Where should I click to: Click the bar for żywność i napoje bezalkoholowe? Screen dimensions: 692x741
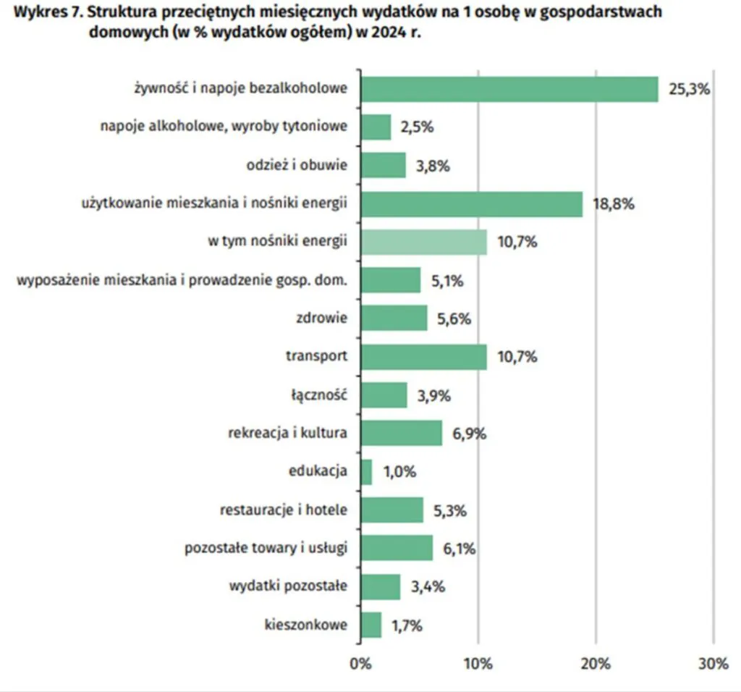509,89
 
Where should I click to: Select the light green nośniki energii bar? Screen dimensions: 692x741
423,242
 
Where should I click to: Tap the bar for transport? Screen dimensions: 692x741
423,357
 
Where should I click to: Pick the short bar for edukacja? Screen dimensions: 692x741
366,472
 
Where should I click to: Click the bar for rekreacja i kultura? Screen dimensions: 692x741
401,434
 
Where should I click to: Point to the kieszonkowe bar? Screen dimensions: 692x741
370,625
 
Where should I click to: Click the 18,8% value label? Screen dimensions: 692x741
614,204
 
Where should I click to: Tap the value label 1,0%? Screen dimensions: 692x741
399,472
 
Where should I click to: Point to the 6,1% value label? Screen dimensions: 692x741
458,549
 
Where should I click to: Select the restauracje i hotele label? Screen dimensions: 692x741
284,510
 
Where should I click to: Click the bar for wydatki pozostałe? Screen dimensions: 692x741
380,586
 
